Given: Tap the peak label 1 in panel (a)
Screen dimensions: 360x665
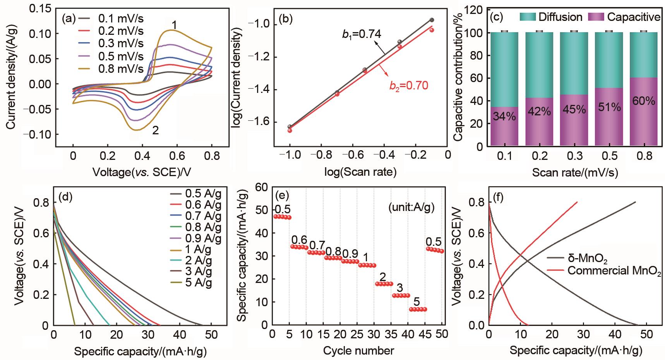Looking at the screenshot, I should pos(174,26).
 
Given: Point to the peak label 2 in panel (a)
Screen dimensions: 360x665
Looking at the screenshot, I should pos(155,130).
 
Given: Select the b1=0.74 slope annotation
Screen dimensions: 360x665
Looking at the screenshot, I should pos(362,34).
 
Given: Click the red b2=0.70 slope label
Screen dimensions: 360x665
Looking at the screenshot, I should pos(409,85).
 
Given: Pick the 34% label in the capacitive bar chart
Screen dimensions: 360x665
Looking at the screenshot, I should pos(504,116).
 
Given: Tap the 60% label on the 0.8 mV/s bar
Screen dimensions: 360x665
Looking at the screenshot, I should pos(644,101).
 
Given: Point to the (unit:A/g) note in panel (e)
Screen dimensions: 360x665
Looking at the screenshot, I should pos(411,207).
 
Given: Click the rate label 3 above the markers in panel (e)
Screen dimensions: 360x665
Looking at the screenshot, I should pos(400,288).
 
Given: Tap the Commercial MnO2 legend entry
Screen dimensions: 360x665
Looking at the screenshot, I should pos(614,271).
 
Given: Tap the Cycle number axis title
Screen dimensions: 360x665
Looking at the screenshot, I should pos(358,351).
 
